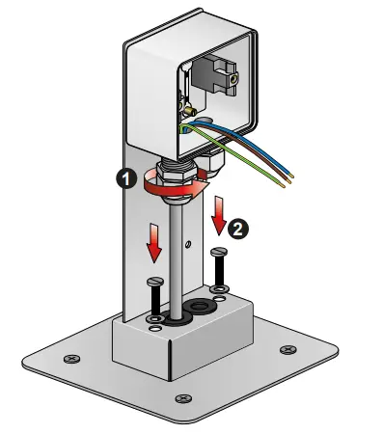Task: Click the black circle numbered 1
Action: pyautogui.click(x=123, y=177)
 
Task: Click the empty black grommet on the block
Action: pyautogui.click(x=203, y=308)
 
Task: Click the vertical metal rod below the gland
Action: pyautogui.click(x=177, y=260)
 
